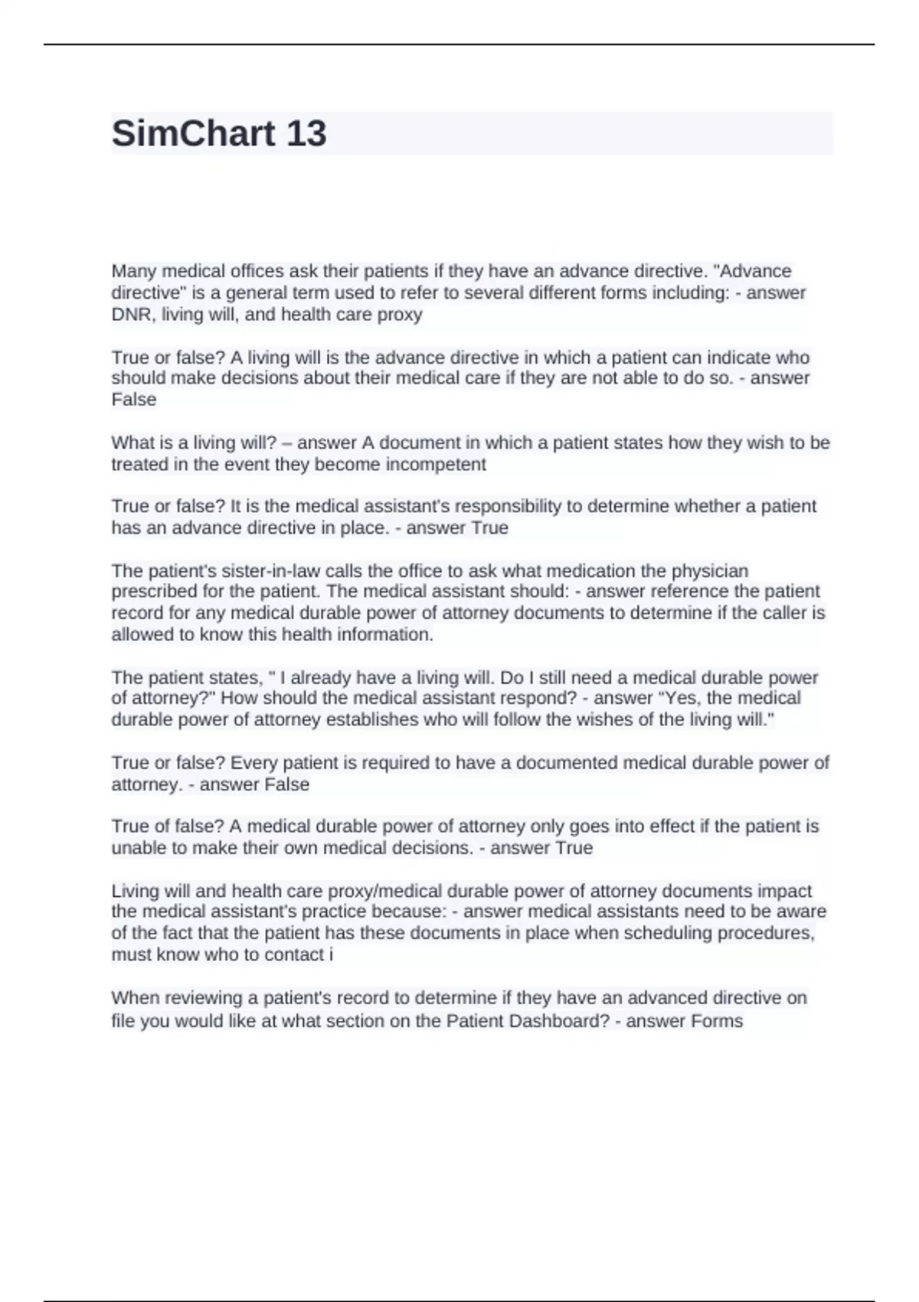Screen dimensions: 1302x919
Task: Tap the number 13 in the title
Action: pyautogui.click(x=306, y=133)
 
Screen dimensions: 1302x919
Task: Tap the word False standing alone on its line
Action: pyautogui.click(x=134, y=399)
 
